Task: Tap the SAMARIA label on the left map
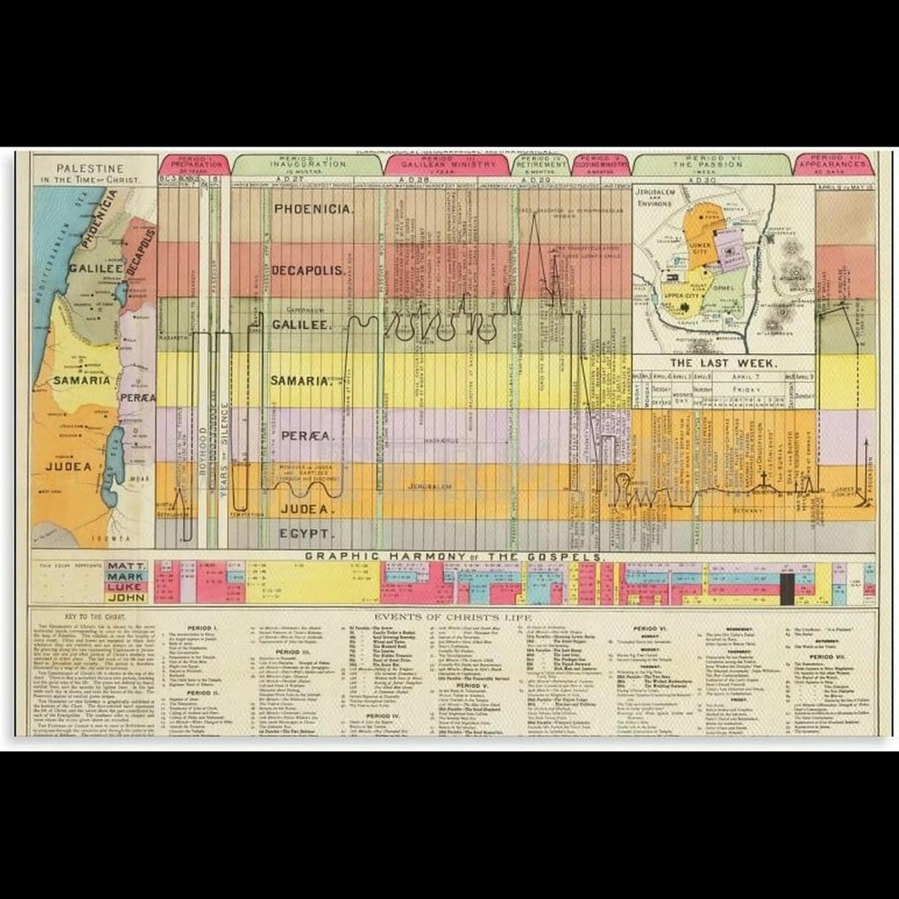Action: point(82,380)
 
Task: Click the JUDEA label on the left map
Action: point(68,466)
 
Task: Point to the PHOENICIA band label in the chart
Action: point(313,209)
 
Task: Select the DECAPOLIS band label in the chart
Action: point(307,270)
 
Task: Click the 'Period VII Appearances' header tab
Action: point(834,164)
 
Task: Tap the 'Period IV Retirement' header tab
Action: point(540,164)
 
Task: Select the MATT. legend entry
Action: point(126,567)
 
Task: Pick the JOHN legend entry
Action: point(126,597)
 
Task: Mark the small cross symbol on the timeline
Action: point(764,478)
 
